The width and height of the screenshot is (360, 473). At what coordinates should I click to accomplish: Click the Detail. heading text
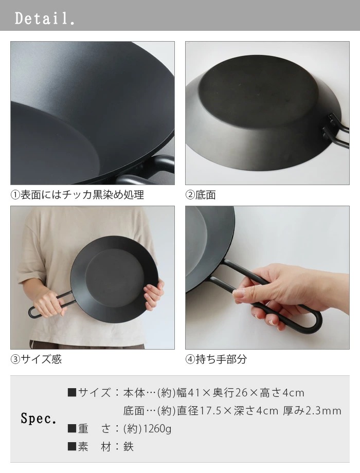pyautogui.click(x=45, y=19)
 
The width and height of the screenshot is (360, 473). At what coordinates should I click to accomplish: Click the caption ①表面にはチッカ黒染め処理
pyautogui.click(x=77, y=195)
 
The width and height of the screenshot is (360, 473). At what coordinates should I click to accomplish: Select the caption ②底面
pyautogui.click(x=201, y=195)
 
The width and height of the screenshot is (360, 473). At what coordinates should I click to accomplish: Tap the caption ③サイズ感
pyautogui.click(x=36, y=359)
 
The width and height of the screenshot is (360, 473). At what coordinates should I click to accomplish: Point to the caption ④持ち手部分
pyautogui.click(x=216, y=359)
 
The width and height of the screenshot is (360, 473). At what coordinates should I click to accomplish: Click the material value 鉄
pyautogui.click(x=129, y=447)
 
